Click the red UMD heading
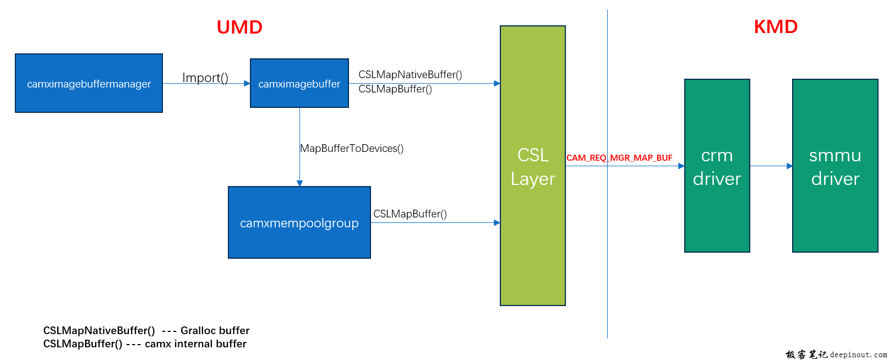239,27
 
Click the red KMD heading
776,26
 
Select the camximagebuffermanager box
89,84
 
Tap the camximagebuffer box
299,84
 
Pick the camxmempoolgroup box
299,223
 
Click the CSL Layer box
532,166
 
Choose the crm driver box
717,166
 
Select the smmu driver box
835,166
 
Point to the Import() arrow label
205,78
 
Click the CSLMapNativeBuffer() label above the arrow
410,74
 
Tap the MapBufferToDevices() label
352,148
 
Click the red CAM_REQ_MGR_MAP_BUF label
619,158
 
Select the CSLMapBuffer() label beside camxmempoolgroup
410,214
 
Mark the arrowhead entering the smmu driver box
790,166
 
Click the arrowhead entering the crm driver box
681,166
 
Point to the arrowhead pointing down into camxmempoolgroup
299,183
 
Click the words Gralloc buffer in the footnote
215,330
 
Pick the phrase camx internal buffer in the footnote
195,343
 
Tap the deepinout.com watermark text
858,355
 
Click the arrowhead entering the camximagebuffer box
247,84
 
